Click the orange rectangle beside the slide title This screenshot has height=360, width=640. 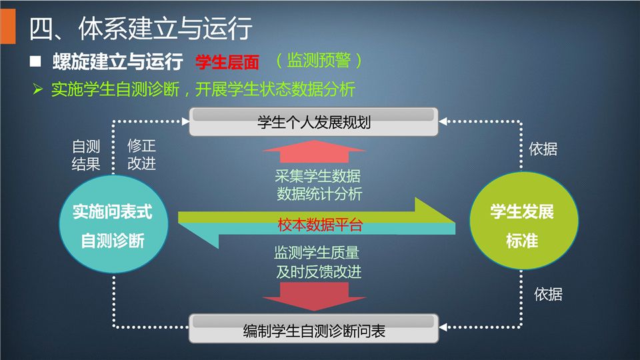(x=8, y=26)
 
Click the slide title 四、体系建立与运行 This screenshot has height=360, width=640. (x=141, y=29)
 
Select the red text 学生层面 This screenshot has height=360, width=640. (x=227, y=62)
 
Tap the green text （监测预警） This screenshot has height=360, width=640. (x=319, y=61)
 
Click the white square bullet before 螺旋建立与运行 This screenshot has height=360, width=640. (x=35, y=61)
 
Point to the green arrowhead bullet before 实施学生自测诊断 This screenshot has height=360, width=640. (x=37, y=89)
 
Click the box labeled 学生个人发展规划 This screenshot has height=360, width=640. (x=313, y=121)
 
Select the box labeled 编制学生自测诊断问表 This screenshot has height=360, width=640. (x=313, y=329)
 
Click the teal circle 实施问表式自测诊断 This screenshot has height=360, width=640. (x=113, y=224)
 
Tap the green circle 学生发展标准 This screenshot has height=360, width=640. (x=524, y=221)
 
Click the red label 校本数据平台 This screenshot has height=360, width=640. (x=321, y=225)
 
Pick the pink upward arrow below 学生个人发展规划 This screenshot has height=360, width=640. (x=314, y=151)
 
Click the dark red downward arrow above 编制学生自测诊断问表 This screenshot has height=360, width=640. (x=314, y=297)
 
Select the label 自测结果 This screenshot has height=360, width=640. (x=86, y=155)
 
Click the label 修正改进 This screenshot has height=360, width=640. (x=141, y=154)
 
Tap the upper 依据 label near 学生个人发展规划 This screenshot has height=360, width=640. (x=543, y=149)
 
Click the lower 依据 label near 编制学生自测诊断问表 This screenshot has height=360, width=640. (x=548, y=294)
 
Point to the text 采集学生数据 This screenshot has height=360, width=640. (x=317, y=176)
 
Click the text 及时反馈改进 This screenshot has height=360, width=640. (x=319, y=271)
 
